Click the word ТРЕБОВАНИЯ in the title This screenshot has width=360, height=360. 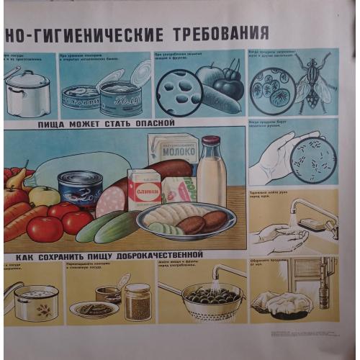(x=220, y=33)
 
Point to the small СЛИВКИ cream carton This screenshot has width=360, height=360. (x=144, y=189)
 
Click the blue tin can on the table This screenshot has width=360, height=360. (x=81, y=189)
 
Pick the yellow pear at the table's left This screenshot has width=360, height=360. (x=17, y=178)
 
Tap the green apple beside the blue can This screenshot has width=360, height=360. (x=45, y=195)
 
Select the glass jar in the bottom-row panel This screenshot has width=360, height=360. (x=137, y=302)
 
